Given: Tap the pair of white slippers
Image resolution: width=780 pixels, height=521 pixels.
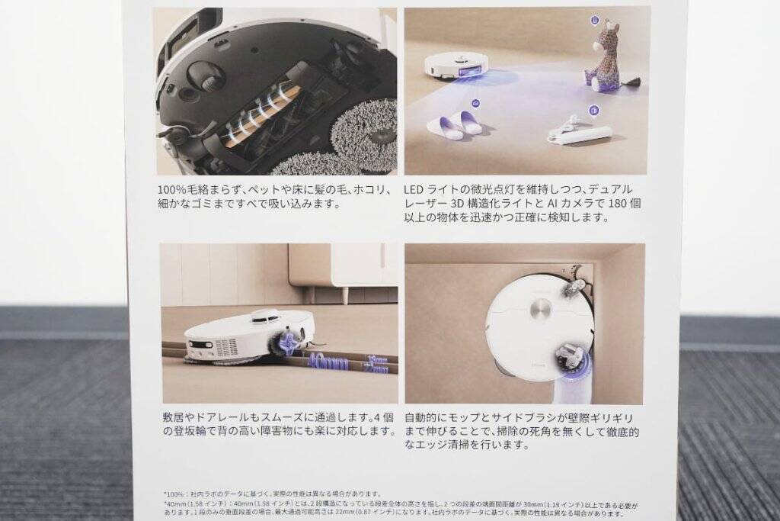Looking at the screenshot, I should click(455, 124).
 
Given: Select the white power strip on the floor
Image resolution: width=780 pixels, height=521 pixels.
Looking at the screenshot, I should click(580, 135).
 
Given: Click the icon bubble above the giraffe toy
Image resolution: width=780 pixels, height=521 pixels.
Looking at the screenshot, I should click(594, 20).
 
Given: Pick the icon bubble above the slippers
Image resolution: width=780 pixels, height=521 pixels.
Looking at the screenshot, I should click(476, 102).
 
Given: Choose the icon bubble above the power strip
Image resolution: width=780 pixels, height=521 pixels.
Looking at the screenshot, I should click(593, 111).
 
